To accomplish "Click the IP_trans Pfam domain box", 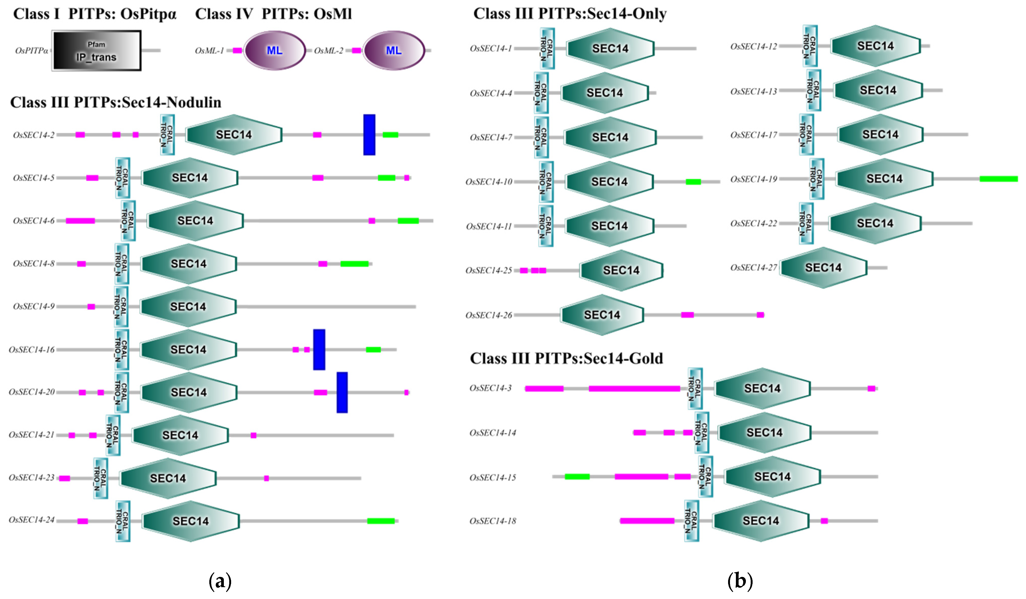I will (96, 50).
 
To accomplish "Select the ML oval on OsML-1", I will (274, 50).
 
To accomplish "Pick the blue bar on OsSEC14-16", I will (319, 349).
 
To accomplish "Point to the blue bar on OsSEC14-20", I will (342, 392).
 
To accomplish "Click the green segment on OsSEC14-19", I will (998, 179).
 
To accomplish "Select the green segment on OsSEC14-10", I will (693, 182).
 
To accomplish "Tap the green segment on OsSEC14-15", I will (577, 476).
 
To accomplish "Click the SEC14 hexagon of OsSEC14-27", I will (823, 268).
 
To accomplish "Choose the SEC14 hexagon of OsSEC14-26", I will (602, 315).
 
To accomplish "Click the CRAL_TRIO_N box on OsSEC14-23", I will (100, 478).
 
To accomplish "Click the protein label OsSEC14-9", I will (34, 306).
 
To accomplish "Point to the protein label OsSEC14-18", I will (493, 521).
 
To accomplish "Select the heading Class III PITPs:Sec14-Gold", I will (566, 358).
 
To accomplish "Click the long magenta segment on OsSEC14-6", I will (80, 221).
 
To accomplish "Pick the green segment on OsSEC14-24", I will (381, 521).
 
